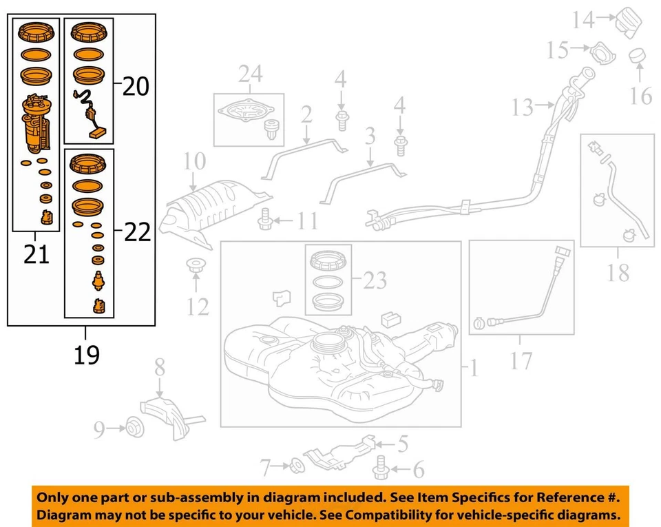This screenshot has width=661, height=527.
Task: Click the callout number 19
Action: (87, 355)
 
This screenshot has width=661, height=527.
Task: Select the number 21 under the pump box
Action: (36, 255)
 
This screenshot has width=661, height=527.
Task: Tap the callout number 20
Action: (136, 87)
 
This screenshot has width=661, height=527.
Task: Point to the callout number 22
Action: (136, 233)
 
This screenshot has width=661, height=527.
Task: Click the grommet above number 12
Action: (196, 264)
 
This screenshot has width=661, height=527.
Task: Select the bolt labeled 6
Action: (380, 471)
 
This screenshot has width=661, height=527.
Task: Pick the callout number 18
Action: (618, 273)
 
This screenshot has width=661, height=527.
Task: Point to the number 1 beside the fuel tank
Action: (474, 369)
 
